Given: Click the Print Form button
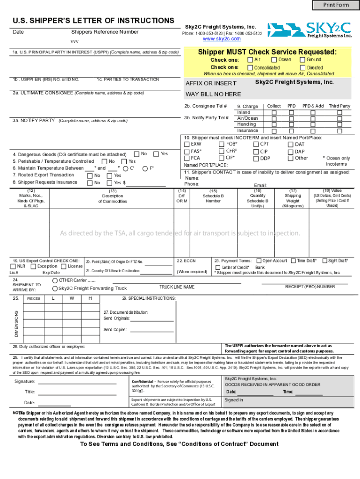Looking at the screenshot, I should [x=336, y=5].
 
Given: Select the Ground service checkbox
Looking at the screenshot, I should [x=302, y=60].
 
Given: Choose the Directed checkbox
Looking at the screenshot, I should [x=302, y=68].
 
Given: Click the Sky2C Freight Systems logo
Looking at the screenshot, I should [x=310, y=30].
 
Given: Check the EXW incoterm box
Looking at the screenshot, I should [x=187, y=145].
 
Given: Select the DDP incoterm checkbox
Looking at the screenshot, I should [x=256, y=158].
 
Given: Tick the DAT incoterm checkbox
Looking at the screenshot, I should [x=290, y=145].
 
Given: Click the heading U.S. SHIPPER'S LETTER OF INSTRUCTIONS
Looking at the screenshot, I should [x=94, y=21].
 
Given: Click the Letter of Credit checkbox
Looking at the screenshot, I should [x=218, y=267].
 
